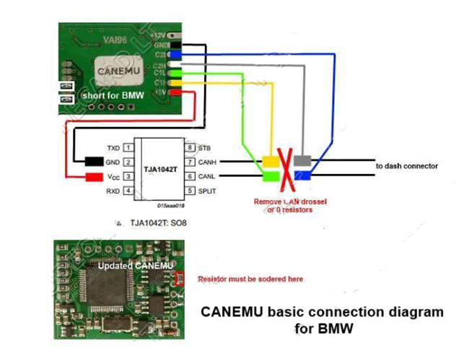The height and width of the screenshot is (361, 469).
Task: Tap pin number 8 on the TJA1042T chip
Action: point(189,147)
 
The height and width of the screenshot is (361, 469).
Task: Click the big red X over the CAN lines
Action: point(286,168)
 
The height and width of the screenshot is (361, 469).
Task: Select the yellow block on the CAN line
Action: point(271,162)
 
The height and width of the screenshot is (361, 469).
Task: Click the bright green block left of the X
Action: point(271,175)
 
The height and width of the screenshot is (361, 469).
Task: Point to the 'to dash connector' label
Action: point(407,166)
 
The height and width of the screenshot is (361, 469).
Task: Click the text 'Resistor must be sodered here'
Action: point(250,279)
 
